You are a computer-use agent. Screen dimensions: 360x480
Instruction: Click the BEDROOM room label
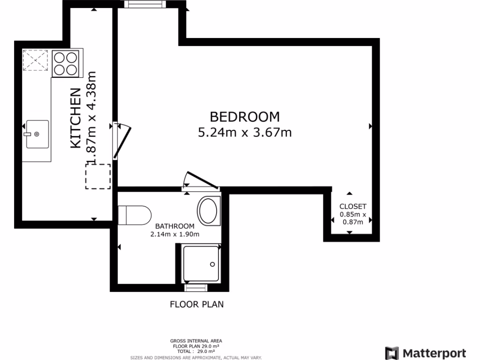[x=244, y=116]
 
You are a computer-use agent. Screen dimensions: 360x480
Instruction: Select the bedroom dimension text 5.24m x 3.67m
[x=245, y=133]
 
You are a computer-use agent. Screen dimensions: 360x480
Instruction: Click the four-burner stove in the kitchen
[x=65, y=64]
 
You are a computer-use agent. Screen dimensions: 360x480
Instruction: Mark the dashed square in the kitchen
[x=98, y=176]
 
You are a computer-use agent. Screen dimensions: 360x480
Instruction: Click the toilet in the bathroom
[x=133, y=215]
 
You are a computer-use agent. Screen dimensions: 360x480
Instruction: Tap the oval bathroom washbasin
[x=208, y=210]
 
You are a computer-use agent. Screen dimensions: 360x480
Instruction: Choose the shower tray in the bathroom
[x=201, y=263]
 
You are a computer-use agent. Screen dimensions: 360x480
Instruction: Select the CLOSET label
[x=352, y=206]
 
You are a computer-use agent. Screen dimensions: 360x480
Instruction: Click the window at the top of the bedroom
[x=145, y=5]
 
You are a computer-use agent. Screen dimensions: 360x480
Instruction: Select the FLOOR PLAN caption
[x=196, y=304]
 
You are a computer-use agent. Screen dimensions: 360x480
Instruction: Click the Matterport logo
[x=425, y=353]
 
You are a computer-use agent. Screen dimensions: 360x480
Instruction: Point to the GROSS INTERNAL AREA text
[x=196, y=341]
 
